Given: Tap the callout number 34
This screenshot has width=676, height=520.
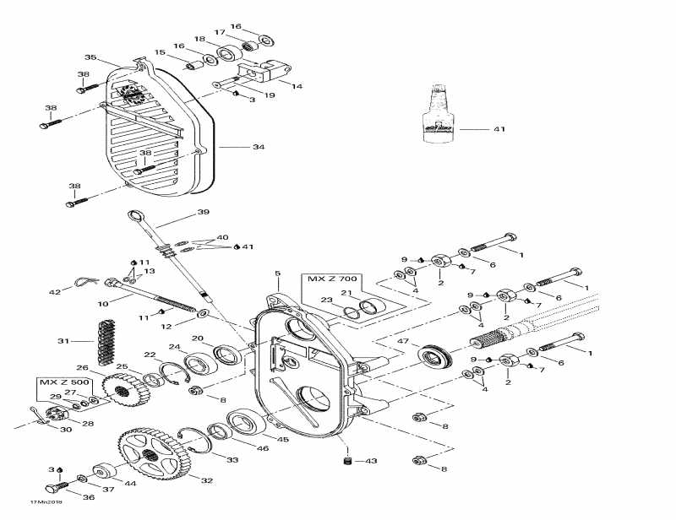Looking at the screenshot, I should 258,148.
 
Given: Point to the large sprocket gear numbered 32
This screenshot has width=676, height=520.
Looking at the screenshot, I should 152,457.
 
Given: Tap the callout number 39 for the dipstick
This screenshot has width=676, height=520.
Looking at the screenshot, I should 203,212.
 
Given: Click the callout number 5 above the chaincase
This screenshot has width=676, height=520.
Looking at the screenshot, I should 276,274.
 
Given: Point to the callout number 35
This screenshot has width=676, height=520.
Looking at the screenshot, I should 90,57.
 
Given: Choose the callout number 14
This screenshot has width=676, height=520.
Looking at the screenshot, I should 297,86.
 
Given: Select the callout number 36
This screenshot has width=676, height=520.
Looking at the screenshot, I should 89,497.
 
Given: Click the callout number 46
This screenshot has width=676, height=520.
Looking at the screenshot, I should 263,448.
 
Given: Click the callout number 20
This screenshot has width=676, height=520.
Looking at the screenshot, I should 197,339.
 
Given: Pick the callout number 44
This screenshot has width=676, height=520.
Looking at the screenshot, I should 130,483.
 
